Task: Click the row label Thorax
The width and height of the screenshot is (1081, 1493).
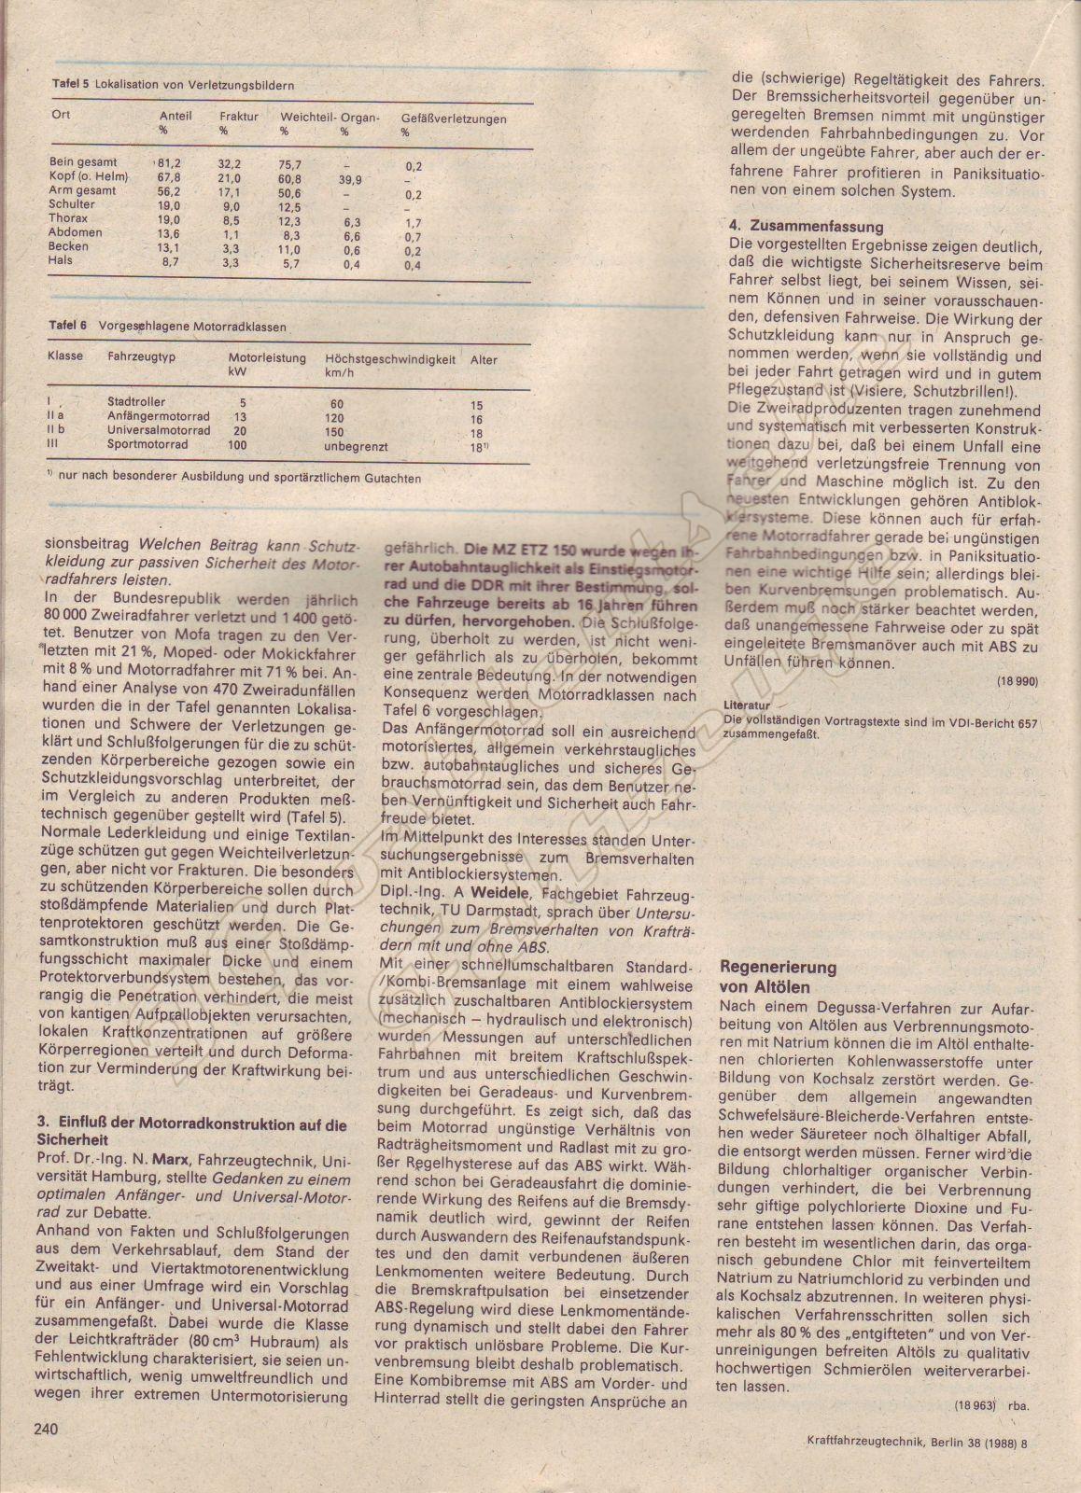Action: [68, 218]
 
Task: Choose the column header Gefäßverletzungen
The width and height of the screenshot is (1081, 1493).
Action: [454, 119]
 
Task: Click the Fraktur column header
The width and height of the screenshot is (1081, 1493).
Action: [239, 119]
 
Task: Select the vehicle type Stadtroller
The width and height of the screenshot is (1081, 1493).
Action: [137, 402]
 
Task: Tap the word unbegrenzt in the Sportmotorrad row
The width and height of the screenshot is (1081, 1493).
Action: [356, 446]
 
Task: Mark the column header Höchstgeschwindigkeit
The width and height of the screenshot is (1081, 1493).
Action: [390, 359]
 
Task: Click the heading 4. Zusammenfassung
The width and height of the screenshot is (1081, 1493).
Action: [806, 227]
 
